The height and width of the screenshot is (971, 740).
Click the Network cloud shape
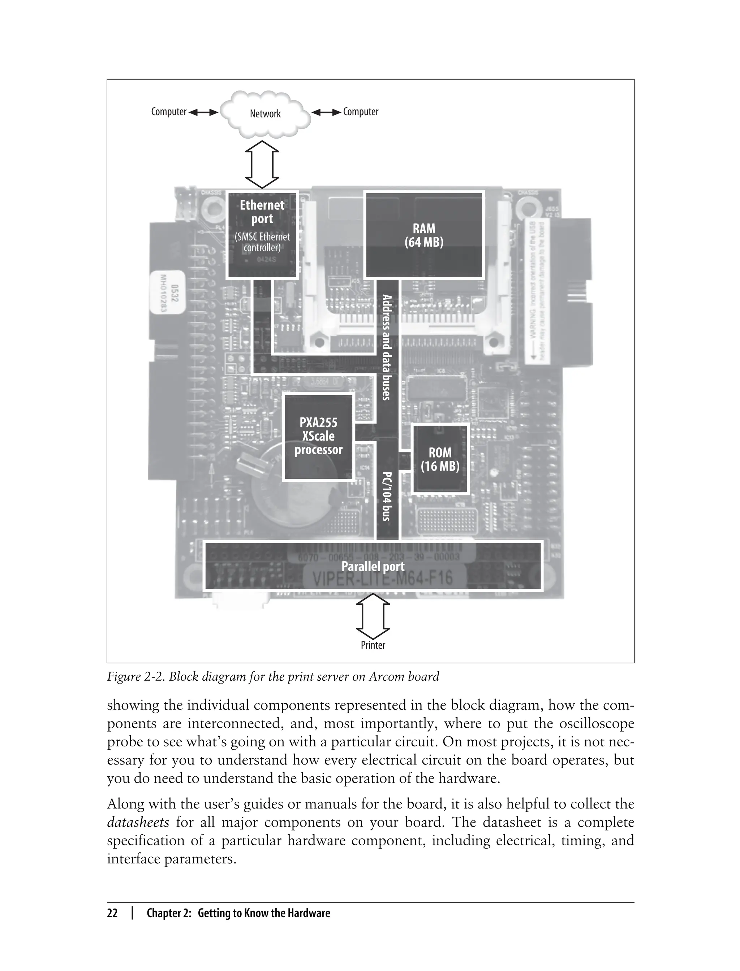tap(265, 113)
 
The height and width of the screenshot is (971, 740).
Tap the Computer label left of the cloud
tap(169, 112)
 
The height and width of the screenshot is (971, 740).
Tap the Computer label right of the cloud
tap(360, 112)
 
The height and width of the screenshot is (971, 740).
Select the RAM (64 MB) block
tap(424, 235)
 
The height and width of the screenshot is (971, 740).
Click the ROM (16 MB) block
tap(440, 459)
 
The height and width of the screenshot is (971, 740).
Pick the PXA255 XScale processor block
tap(318, 436)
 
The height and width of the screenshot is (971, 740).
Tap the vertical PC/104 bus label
tap(386, 496)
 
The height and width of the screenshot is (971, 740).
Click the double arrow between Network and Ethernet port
tap(262, 165)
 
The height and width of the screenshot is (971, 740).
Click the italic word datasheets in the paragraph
tap(138, 822)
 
